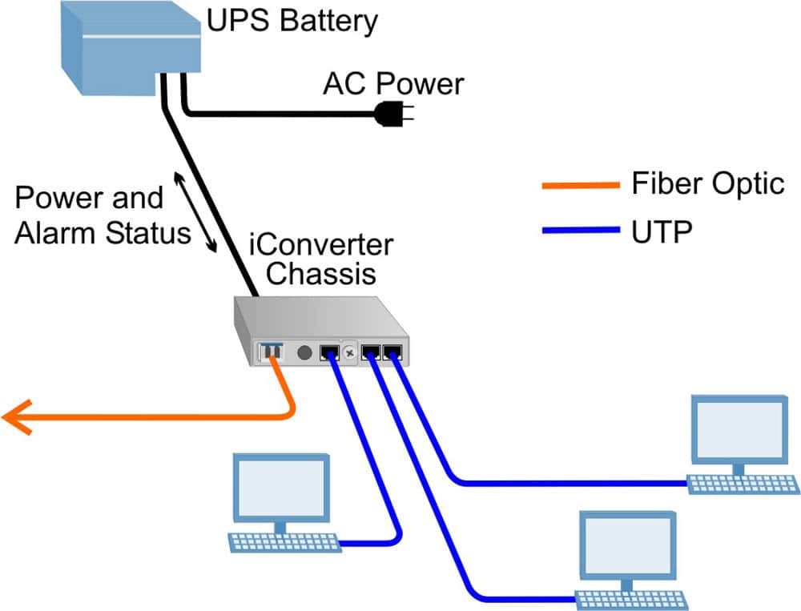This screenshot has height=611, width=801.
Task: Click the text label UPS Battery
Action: [x=292, y=22]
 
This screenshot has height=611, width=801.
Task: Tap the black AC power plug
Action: [x=392, y=115]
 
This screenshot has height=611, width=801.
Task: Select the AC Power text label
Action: [x=392, y=83]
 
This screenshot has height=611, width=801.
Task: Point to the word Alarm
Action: [x=57, y=233]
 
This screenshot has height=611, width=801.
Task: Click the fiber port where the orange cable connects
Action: [x=270, y=352]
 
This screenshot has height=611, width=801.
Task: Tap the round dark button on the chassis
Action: [x=304, y=352]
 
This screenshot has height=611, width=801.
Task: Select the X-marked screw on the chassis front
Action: [x=349, y=352]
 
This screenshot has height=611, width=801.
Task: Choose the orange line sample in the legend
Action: [x=581, y=186]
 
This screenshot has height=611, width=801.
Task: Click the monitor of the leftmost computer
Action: [x=280, y=490]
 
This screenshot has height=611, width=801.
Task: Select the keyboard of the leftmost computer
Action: [x=284, y=542]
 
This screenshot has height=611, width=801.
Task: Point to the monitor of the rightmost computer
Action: [x=739, y=430]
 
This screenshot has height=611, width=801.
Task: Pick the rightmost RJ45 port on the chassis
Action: [x=392, y=352]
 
